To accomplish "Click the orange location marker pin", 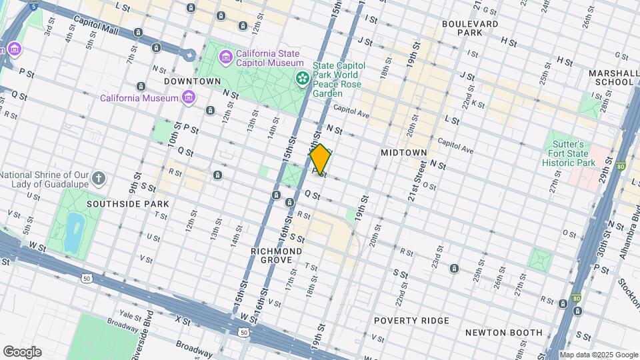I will click(320, 159).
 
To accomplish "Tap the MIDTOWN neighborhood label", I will click(403, 153).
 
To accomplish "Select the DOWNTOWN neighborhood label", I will click(193, 81).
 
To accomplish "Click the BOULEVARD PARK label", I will click(470, 28).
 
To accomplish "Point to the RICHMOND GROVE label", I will click(276, 255).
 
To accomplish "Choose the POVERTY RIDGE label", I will click(411, 321).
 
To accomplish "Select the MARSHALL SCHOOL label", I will click(610, 77).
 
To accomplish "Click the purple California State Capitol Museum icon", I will click(226, 57).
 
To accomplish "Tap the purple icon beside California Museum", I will click(189, 98).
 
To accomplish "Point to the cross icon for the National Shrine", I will click(99, 178).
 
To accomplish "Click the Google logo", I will click(22, 351).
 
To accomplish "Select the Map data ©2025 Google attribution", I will click(599, 355).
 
